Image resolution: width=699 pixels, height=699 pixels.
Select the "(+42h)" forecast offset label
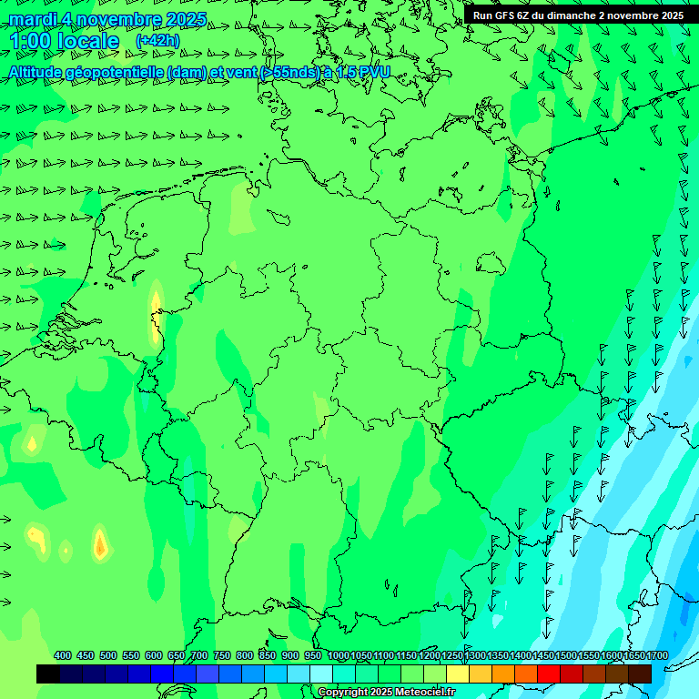(157, 41)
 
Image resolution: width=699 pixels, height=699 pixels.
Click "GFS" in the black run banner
(509, 15)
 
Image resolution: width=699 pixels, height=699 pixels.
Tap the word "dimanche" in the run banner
(569, 15)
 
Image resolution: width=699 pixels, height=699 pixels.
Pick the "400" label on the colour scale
(63, 656)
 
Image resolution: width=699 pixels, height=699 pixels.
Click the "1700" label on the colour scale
(657, 656)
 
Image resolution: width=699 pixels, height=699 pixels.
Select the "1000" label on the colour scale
(339, 656)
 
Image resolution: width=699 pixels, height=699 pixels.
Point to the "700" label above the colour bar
(199, 656)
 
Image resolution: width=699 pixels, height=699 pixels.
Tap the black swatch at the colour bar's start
(48, 674)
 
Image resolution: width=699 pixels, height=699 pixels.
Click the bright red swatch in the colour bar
(549, 674)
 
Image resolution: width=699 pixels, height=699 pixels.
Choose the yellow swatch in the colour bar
(458, 674)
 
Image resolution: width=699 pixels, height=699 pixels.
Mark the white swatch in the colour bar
(321, 674)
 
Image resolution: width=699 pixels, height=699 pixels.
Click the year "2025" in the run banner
(670, 15)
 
